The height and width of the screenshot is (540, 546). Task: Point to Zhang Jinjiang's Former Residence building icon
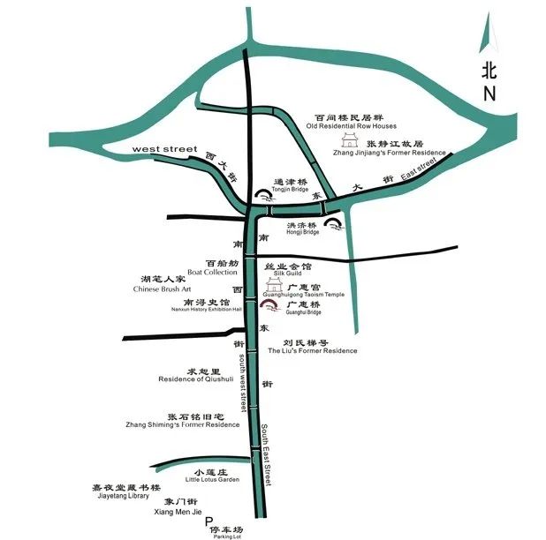coord(350,143)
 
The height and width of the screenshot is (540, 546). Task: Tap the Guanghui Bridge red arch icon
coord(266,304)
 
